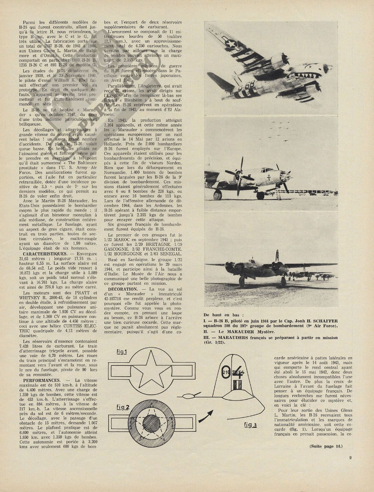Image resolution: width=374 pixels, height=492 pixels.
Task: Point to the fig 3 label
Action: pyautogui.click(x=250, y=425)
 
